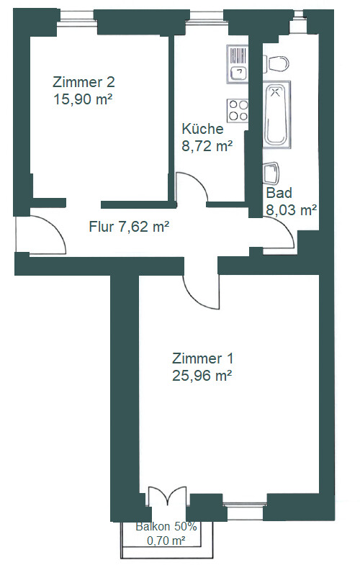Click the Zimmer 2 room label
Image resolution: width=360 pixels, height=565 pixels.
click(84, 82)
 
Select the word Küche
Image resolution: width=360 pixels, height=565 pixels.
click(202, 129)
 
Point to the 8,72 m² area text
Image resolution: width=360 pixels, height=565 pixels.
click(207, 146)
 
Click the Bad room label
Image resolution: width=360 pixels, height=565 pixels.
click(279, 193)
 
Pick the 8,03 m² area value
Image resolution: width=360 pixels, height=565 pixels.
click(291, 209)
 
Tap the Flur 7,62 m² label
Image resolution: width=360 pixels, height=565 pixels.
click(129, 227)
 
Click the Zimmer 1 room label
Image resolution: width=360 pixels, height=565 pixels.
click(202, 358)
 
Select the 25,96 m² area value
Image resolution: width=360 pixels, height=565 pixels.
click(202, 376)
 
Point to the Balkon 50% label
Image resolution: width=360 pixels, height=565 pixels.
click(166, 526)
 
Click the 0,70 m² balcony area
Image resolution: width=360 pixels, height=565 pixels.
click(166, 541)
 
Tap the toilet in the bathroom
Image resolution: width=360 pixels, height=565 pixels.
click(276, 64)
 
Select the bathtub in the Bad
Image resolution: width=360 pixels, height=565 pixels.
click(276, 114)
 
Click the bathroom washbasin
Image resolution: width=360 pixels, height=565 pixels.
click(271, 173)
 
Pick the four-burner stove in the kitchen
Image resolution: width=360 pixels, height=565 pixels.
click(238, 111)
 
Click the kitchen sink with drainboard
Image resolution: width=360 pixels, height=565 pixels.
click(238, 64)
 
